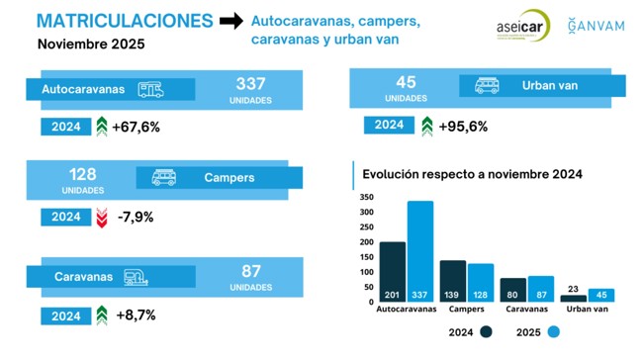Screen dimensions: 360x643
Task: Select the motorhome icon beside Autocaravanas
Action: pyautogui.click(x=150, y=89)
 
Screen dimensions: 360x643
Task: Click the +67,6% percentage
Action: pyautogui.click(x=136, y=127)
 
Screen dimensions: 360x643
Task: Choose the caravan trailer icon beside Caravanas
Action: pyautogui.click(x=138, y=278)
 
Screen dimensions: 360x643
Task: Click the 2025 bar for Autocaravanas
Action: pyautogui.click(x=420, y=252)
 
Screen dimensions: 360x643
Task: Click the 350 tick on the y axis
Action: pyautogui.click(x=366, y=197)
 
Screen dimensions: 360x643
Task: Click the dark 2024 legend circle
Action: pyautogui.click(x=487, y=332)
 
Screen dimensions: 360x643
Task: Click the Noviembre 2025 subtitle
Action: pyautogui.click(x=91, y=45)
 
